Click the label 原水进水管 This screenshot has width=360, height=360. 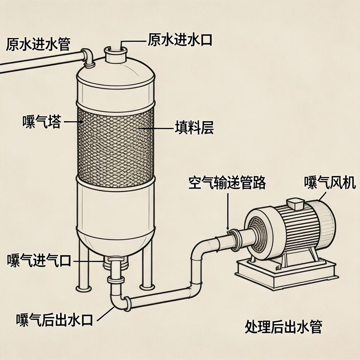(x=38, y=44)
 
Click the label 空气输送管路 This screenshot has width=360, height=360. (x=227, y=183)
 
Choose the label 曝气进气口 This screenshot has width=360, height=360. (x=39, y=261)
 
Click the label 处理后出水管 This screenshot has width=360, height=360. (x=283, y=327)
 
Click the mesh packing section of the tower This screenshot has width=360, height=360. (x=115, y=142)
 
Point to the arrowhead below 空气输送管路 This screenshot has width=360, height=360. (x=228, y=227)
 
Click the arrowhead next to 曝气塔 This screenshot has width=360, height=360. (x=81, y=122)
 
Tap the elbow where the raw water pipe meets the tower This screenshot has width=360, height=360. (x=89, y=57)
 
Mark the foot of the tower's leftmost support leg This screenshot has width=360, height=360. (x=84, y=288)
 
